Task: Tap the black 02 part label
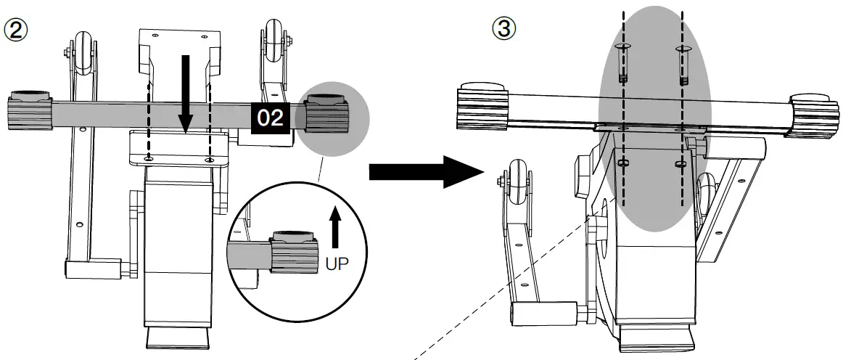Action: (271, 118)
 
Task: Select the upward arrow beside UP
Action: (334, 229)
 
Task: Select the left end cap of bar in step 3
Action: (480, 106)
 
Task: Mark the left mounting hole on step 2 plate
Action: (149, 157)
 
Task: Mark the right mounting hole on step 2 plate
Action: (209, 157)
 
